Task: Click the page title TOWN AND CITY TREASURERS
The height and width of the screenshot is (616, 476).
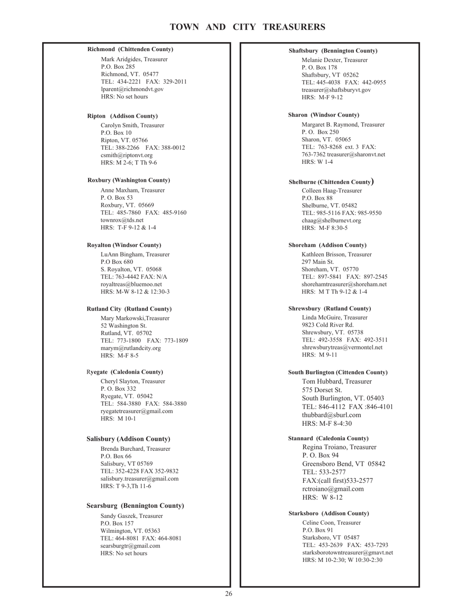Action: tap(248, 27)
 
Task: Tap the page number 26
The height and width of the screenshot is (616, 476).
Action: tap(228, 594)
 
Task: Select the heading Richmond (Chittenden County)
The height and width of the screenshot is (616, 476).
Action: tap(130, 49)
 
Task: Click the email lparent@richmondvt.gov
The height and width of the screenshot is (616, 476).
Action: tap(132, 89)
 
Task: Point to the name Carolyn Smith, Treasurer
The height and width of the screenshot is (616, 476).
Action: tap(132, 125)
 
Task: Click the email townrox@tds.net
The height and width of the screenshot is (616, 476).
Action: tap(122, 220)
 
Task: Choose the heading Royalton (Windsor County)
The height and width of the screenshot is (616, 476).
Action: tap(124, 245)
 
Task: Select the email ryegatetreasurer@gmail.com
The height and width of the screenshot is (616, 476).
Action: tap(137, 411)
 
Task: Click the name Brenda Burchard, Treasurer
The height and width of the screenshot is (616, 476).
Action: tap(135, 449)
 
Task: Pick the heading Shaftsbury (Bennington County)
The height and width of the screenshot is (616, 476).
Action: tap(333, 51)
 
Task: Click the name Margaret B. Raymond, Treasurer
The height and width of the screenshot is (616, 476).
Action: tap(343, 124)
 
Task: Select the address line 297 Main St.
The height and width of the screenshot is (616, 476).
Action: tap(318, 262)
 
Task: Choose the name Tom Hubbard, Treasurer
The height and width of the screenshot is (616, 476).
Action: tap(337, 382)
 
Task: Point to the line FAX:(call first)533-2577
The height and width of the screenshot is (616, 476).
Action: tap(337, 481)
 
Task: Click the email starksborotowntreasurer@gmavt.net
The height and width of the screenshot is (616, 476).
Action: tap(347, 552)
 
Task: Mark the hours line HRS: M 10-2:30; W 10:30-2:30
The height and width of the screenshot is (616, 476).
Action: tap(342, 560)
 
